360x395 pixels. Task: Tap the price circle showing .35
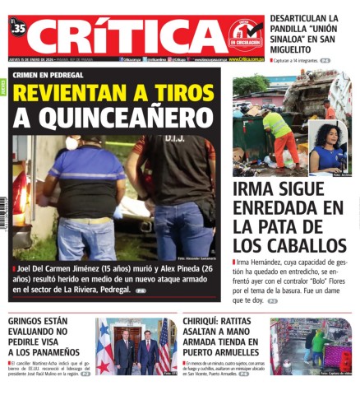click(x=19, y=28)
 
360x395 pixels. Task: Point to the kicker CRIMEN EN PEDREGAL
click(x=48, y=75)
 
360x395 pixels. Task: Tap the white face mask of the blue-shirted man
click(x=72, y=142)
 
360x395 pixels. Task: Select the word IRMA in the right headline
click(x=256, y=191)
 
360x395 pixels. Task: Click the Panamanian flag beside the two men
click(x=104, y=349)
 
